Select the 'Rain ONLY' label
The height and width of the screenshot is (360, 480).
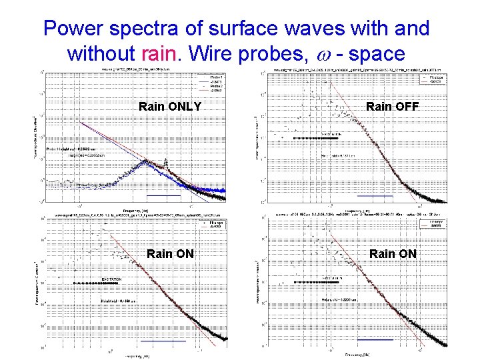pyautogui.click(x=170, y=106)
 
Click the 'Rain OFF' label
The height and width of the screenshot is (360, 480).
pyautogui.click(x=393, y=106)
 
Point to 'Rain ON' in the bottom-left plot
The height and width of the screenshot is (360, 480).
pyautogui.click(x=170, y=253)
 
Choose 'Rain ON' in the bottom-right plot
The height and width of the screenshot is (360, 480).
pyautogui.click(x=393, y=253)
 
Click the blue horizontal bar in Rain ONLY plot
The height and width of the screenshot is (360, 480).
pyautogui.click(x=164, y=196)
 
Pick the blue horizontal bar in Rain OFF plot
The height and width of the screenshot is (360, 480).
pyautogui.click(x=375, y=196)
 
